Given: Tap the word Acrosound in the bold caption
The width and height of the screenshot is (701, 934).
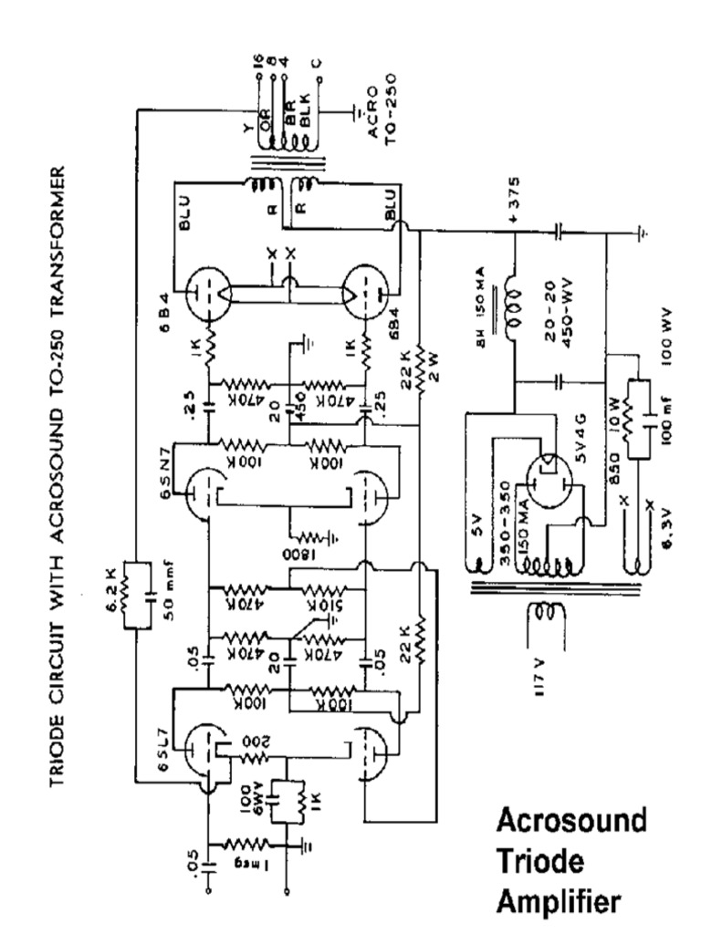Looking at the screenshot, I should (x=571, y=820).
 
